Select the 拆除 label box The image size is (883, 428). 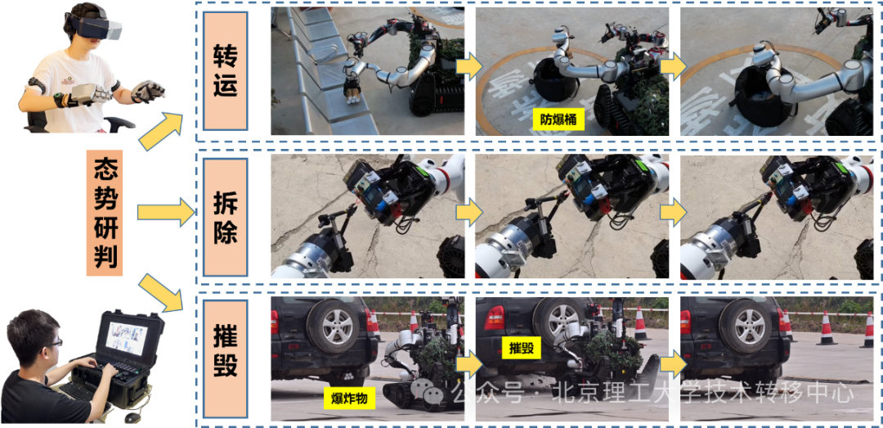coord(226,217)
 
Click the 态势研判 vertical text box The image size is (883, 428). coord(104,212)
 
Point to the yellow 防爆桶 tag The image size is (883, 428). coord(556,119)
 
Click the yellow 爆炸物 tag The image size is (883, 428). coord(349,398)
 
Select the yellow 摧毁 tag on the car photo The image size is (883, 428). coord(521,348)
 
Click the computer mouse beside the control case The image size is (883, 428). coord(132,418)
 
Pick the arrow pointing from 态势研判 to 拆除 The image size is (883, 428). coord(166,213)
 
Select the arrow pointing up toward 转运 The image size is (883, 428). coord(160,131)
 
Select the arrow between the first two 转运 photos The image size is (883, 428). coord(469,67)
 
